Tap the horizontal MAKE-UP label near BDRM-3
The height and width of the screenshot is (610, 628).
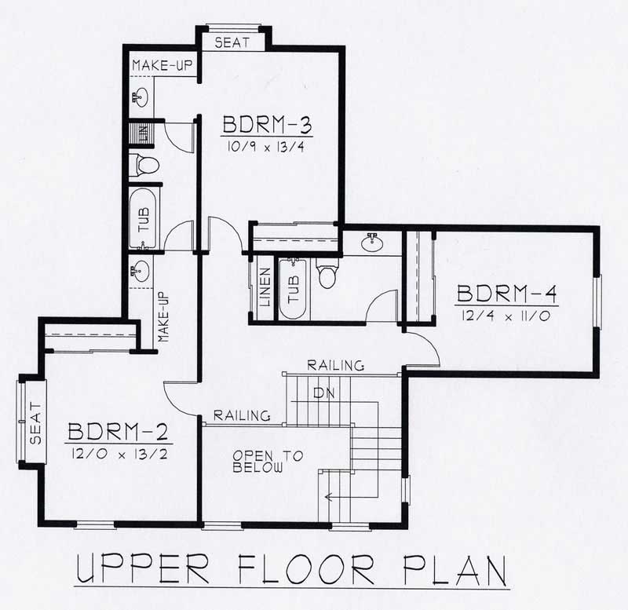pos(162,65)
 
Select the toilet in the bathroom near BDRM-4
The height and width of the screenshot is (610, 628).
pos(327,275)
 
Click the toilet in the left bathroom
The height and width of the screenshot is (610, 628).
pos(145,165)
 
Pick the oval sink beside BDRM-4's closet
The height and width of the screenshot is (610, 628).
pos(373,242)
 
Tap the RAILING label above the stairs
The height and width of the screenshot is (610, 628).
pos(335,365)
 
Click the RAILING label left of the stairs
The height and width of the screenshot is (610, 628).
pos(243,415)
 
